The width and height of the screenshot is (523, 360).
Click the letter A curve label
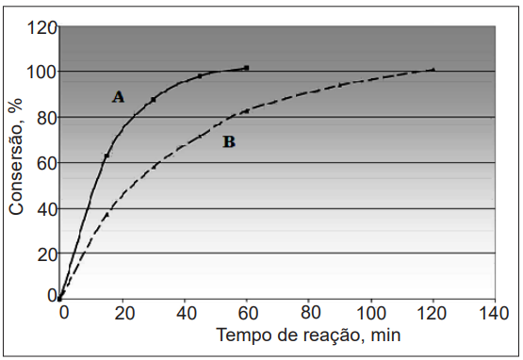coord(118,97)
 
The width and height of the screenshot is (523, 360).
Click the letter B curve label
coord(229,141)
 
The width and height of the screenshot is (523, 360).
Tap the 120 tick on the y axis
coord(41,27)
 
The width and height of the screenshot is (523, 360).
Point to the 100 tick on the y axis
coord(41,72)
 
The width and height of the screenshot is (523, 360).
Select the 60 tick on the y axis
coord(46,163)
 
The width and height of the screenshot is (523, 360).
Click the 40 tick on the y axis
coord(46,209)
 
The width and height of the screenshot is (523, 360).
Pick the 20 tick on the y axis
coord(46,255)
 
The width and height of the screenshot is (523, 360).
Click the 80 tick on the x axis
coord(310,313)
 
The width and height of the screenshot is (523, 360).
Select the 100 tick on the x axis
coord(371,313)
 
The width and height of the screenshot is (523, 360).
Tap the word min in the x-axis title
coord(385,335)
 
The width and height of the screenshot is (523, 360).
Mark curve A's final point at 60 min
coord(247,68)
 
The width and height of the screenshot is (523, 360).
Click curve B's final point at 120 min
coord(433,70)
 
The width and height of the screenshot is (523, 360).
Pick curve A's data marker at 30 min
coord(154,100)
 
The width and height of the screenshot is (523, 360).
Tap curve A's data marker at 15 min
coord(106,155)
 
